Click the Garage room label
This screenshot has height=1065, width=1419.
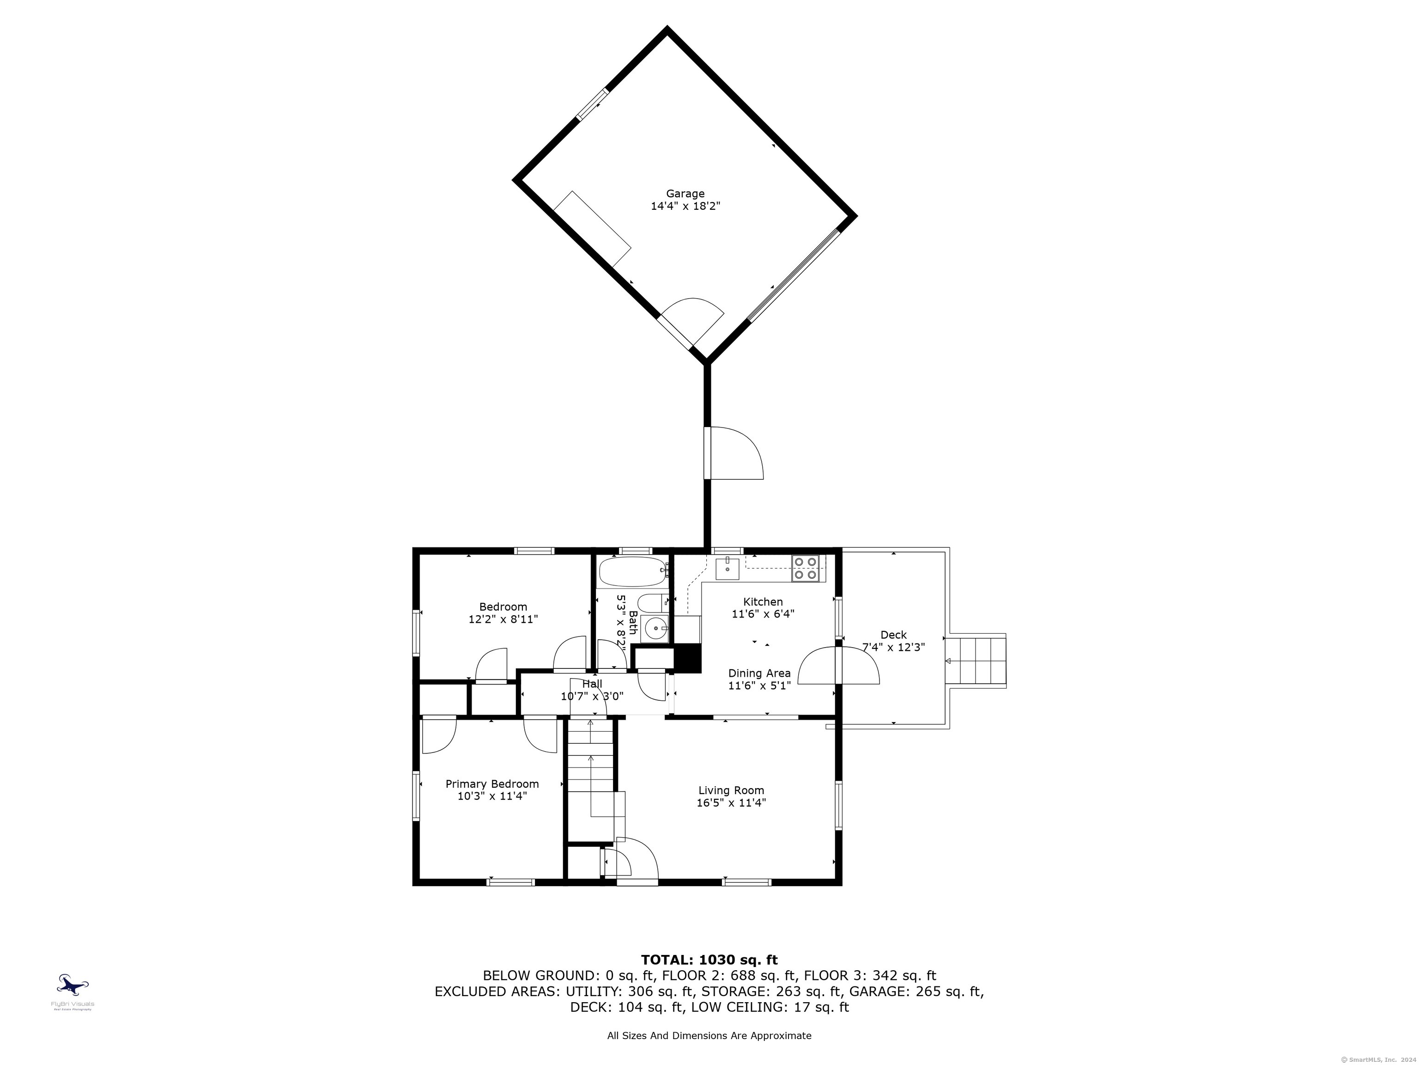(685, 193)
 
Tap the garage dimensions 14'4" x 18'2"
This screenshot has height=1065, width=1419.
(685, 207)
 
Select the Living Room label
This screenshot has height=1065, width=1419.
(731, 790)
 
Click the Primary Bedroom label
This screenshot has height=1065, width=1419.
(492, 784)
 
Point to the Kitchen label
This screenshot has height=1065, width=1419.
(763, 601)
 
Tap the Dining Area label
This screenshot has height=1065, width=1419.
(759, 673)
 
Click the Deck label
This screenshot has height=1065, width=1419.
(893, 635)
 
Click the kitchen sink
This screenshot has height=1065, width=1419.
(728, 568)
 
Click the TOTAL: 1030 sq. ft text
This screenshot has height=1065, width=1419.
(709, 960)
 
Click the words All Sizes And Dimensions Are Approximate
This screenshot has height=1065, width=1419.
(709, 1035)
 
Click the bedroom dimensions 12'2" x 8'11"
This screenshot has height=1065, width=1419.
(503, 619)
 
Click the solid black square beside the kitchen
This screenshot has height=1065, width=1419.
(687, 658)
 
